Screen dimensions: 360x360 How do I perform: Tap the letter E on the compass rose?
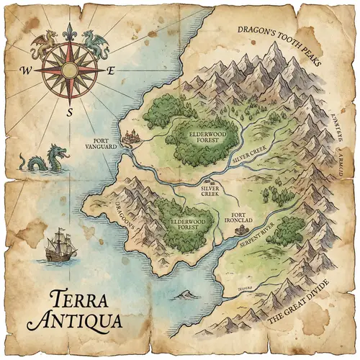pyautogui.click(x=111, y=71)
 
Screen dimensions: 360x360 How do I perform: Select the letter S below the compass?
pyautogui.click(x=70, y=112)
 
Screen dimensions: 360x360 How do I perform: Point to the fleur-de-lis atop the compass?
pyautogui.click(x=69, y=32)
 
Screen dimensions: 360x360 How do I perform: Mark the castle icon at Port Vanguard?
pyautogui.click(x=132, y=137)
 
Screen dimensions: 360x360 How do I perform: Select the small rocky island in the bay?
pyautogui.click(x=187, y=293)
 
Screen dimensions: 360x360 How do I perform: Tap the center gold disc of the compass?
pyautogui.click(x=69, y=70)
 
